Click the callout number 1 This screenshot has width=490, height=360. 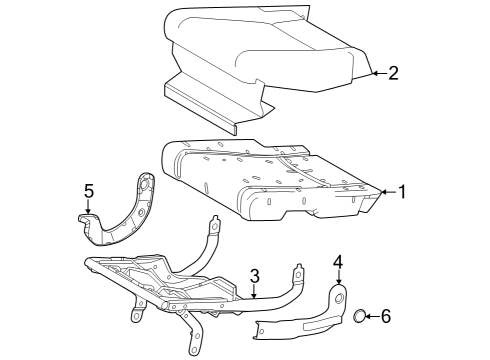401,191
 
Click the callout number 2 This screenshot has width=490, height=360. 393,72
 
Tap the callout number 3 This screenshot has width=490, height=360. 255,274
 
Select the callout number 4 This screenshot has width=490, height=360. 338,261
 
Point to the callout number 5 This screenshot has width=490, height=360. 88,189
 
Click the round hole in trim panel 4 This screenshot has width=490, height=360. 340,299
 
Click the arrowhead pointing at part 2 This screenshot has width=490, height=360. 372,72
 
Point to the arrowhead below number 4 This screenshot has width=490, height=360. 338,283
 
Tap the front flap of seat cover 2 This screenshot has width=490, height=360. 215,105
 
